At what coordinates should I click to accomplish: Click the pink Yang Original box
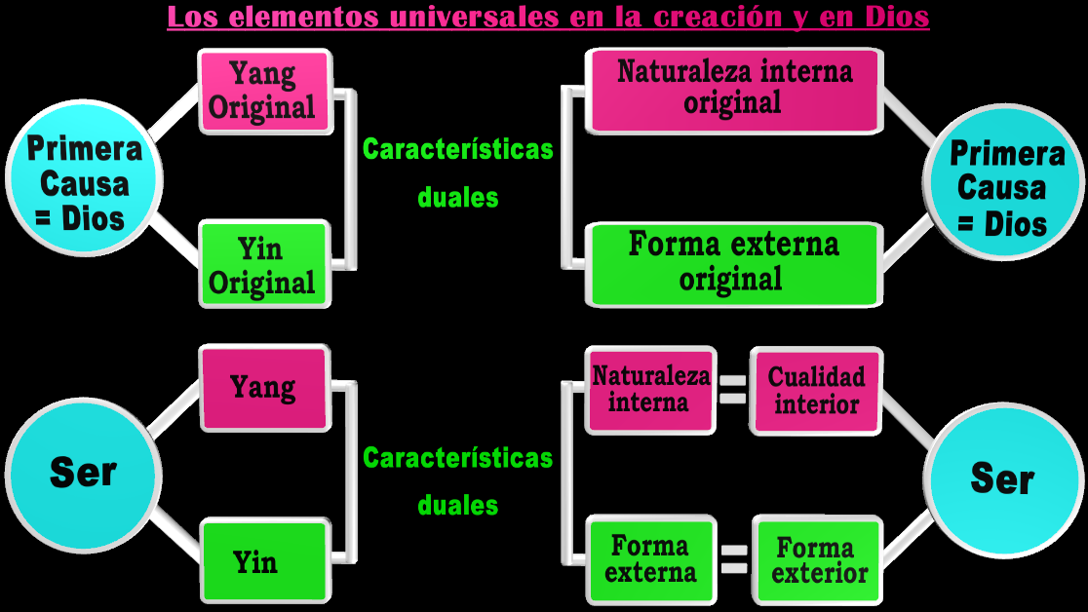click(262, 92)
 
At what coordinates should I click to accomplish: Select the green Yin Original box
click(262, 265)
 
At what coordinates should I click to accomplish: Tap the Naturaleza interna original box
click(733, 88)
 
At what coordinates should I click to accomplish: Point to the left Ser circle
click(82, 473)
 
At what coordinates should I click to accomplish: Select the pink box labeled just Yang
click(262, 387)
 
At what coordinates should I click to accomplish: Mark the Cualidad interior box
click(816, 390)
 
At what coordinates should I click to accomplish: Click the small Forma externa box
click(650, 558)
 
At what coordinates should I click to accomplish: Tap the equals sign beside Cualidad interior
click(732, 389)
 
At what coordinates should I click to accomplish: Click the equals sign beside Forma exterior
click(733, 558)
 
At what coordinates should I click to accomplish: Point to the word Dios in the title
click(898, 17)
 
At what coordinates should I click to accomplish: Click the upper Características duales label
click(457, 172)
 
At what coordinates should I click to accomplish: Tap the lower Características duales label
click(457, 481)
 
